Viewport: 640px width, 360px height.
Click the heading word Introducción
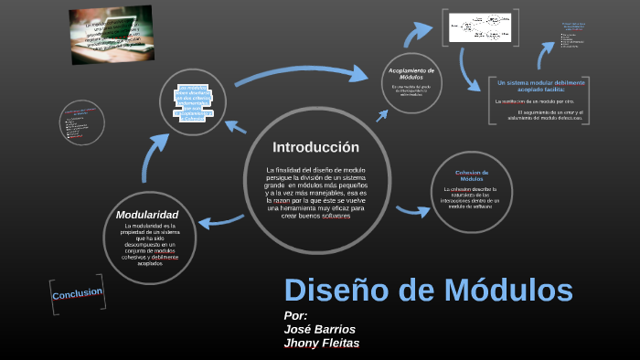[x=315, y=147]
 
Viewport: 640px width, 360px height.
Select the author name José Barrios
[x=320, y=329]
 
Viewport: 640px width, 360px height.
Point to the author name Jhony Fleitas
[x=322, y=344]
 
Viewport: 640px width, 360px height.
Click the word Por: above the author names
[x=296, y=315]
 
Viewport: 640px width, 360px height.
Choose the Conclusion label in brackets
[x=78, y=294]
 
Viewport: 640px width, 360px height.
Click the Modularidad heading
[x=154, y=215]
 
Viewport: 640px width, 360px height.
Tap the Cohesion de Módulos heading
[x=472, y=175]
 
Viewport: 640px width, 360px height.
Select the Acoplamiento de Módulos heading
[x=411, y=74]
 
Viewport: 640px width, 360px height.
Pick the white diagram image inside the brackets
[x=479, y=26]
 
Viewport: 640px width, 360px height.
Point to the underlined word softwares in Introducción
[x=336, y=216]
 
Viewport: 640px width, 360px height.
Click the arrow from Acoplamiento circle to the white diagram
[x=417, y=35]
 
